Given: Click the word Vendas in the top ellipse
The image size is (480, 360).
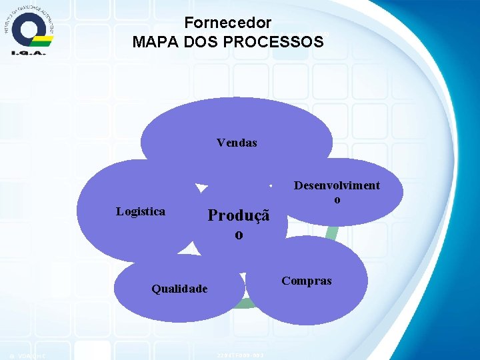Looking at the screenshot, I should coord(237,143).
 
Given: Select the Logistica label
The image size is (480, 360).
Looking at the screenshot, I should coord(141,211).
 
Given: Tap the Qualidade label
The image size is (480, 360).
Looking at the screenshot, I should coord(179,289).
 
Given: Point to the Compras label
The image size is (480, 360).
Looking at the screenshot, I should coord(306,281).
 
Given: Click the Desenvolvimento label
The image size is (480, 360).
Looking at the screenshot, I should coord(337,186).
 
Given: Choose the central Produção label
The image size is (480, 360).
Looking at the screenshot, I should coord(239,215).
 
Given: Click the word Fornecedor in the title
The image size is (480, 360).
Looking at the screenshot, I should coord(228,23).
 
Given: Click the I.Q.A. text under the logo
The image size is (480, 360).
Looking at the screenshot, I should coord(28,52).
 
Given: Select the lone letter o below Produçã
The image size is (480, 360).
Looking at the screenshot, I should coord(238,235).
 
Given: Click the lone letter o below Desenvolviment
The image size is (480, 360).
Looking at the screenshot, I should coord(337,199).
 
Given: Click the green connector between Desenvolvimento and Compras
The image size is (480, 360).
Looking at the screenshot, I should coord(333,232).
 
